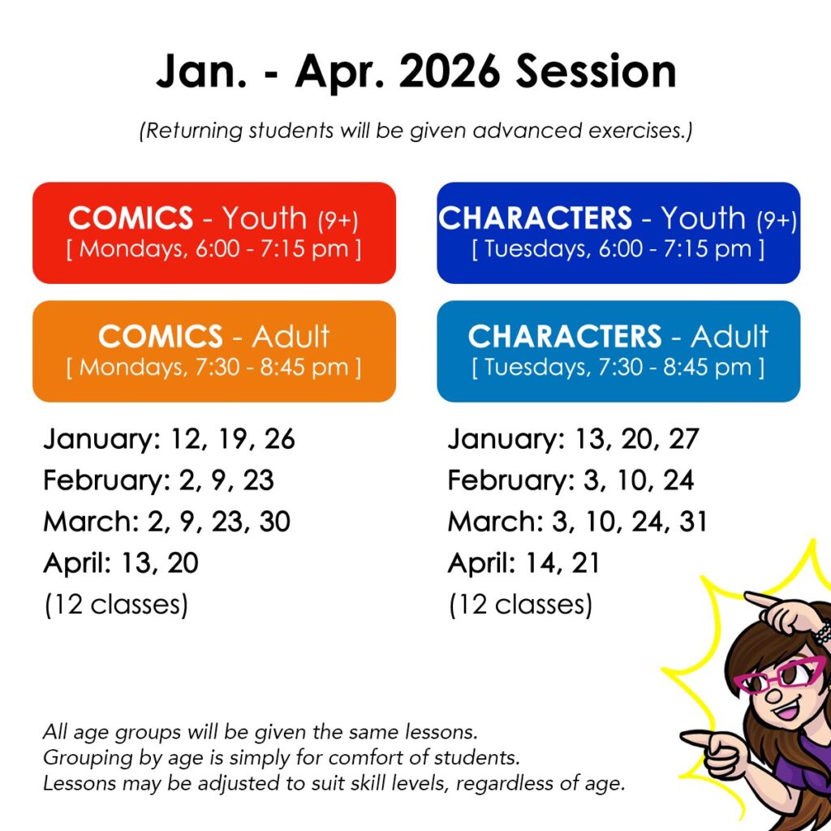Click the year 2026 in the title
[449, 71]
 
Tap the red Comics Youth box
[214, 233]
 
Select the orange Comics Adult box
[214, 351]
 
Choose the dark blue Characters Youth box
[618, 233]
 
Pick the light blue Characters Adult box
[618, 351]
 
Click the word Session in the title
[596, 71]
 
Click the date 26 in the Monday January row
[279, 439]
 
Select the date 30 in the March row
[274, 522]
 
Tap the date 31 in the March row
[693, 522]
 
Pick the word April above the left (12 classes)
[77, 564]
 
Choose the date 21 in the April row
[585, 563]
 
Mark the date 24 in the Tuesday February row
[678, 480]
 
